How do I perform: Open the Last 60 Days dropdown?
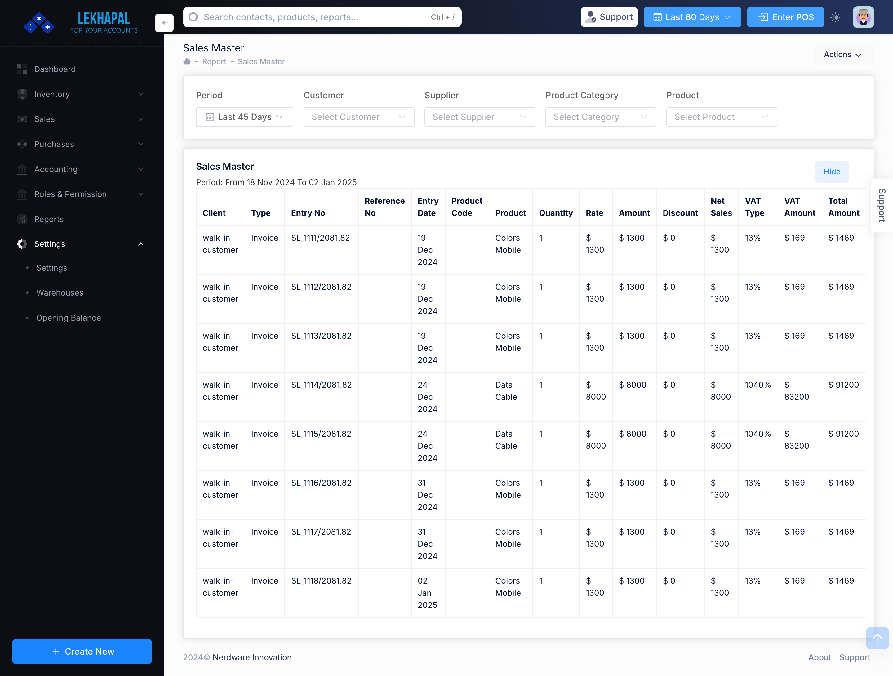[x=692, y=17]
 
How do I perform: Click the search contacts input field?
[x=315, y=17]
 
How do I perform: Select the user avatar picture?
[x=863, y=17]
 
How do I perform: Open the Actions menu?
[x=842, y=55]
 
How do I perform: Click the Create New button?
[x=82, y=652]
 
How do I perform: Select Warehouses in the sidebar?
[x=60, y=293]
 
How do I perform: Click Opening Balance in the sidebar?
[x=69, y=318]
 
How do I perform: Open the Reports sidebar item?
[x=49, y=219]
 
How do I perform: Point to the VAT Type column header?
[x=754, y=207]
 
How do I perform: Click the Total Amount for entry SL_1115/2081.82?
[x=843, y=434]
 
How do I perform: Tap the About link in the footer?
[x=819, y=657]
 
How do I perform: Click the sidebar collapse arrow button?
[x=164, y=23]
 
